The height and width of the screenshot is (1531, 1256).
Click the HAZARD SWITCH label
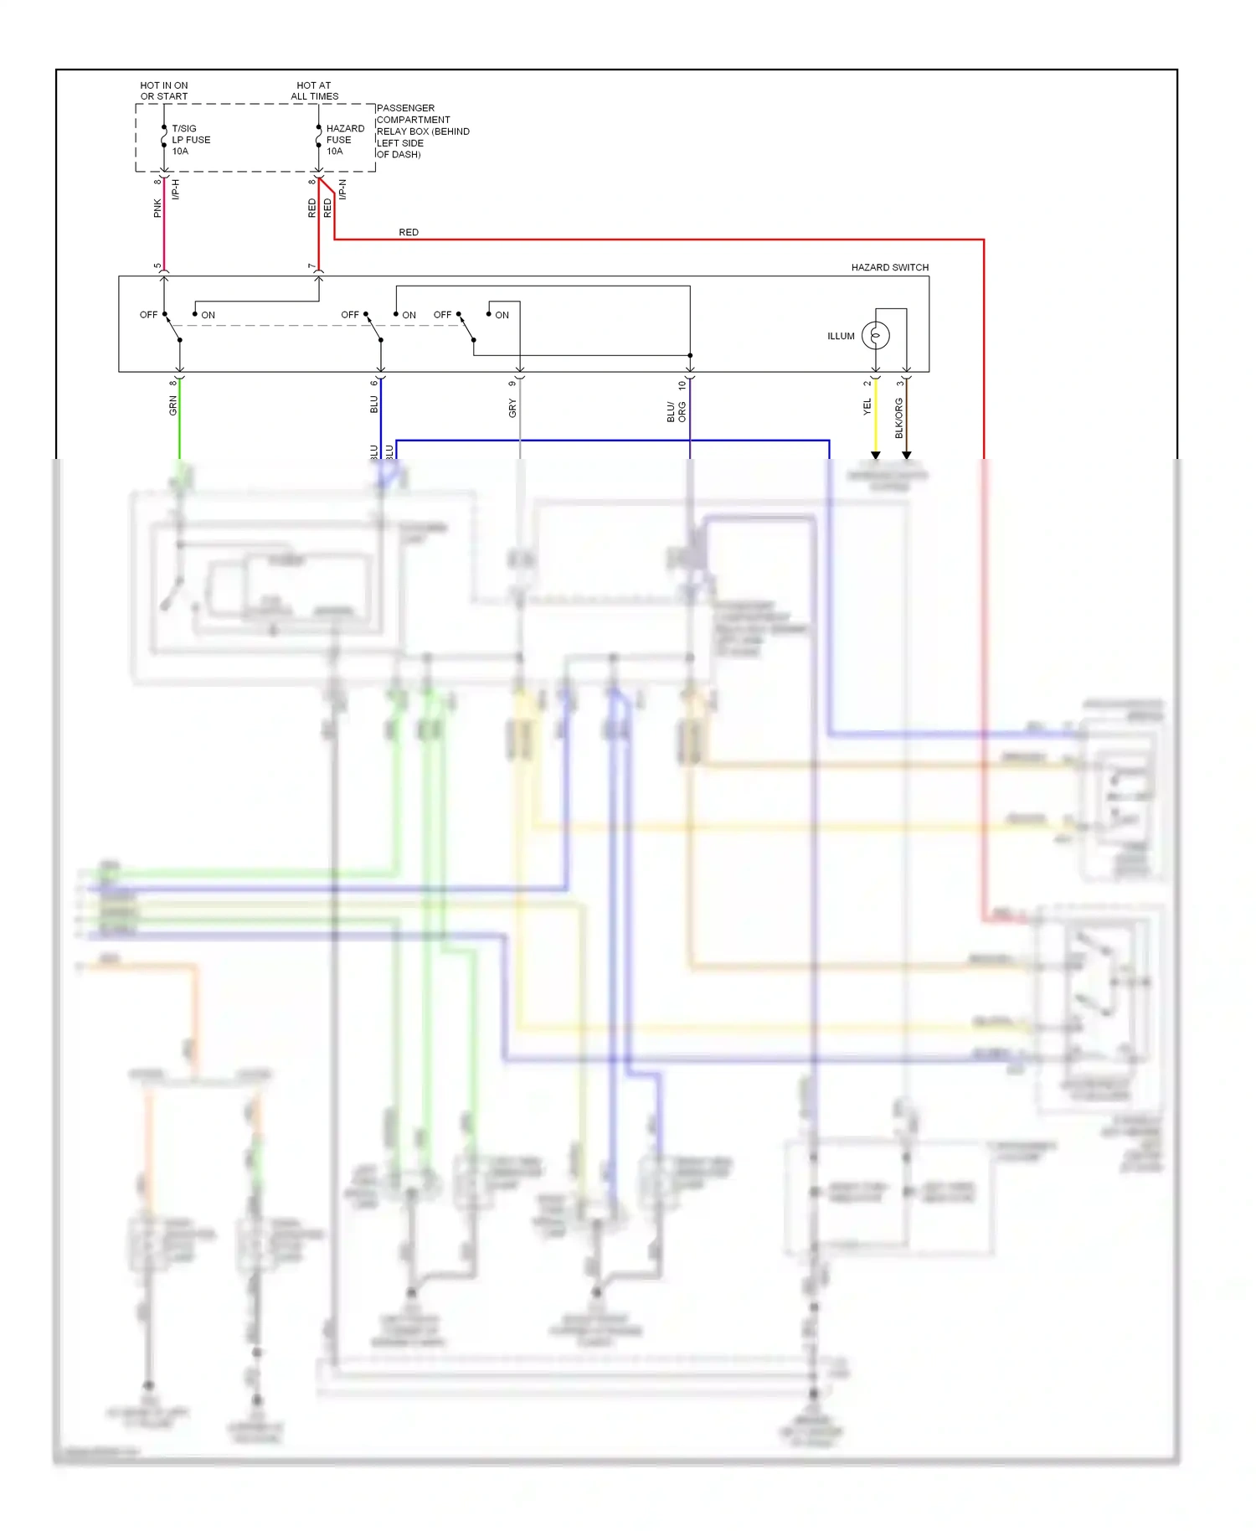tap(889, 267)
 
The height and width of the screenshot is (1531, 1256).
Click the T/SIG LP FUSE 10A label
tap(191, 140)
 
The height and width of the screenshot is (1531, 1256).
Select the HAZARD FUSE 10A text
tap(345, 140)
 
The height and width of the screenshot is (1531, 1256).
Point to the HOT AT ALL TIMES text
tap(314, 90)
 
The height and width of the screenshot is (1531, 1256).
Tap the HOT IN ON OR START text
tap(164, 90)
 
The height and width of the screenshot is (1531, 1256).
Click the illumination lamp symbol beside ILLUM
tap(876, 336)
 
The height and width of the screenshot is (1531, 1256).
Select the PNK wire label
tap(157, 209)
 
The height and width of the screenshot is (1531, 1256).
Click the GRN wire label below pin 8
tap(173, 406)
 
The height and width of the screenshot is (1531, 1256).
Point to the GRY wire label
tap(512, 409)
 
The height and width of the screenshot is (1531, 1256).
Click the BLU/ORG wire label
tap(676, 411)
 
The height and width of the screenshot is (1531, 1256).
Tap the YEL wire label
tap(867, 407)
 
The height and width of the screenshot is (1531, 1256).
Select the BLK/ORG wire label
tap(899, 418)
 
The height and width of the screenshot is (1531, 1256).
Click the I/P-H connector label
tap(176, 189)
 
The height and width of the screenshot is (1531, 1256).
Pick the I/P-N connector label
tap(342, 189)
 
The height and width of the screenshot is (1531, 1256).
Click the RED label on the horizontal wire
tap(409, 232)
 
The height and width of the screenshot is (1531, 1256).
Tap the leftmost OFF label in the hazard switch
tap(148, 315)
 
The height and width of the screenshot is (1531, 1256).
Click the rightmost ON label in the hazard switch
tap(502, 315)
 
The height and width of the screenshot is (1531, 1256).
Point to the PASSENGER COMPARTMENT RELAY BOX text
tap(422, 131)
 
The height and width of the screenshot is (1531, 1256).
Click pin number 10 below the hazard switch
tap(682, 384)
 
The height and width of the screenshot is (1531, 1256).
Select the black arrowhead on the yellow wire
tap(876, 455)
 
